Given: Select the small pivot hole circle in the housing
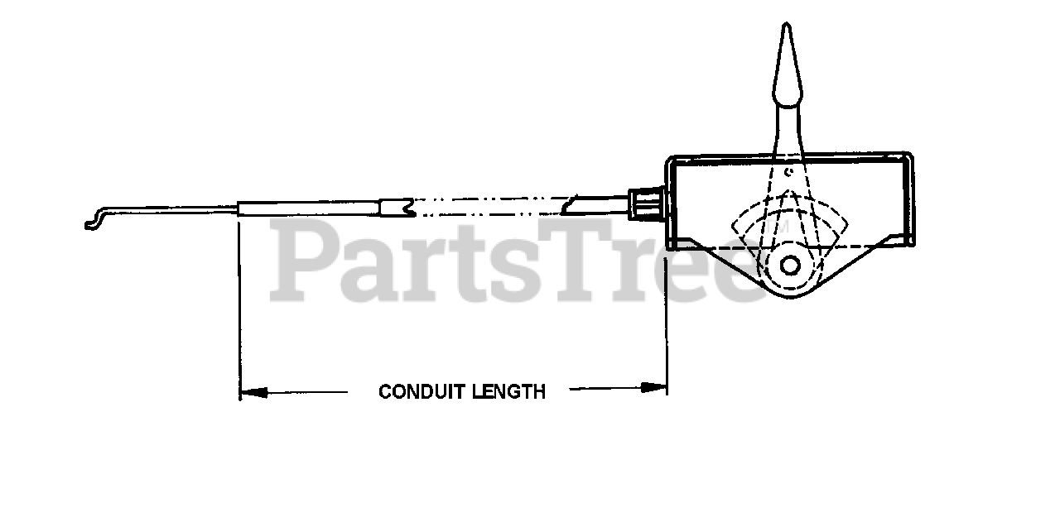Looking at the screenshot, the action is click(790, 266).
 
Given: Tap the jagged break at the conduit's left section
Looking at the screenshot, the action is click(406, 207).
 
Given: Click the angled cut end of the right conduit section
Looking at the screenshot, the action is click(570, 205).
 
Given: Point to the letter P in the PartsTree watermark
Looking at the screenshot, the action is click(302, 263).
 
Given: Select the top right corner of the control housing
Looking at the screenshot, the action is click(911, 156).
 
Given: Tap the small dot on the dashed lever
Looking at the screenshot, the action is click(789, 172).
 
